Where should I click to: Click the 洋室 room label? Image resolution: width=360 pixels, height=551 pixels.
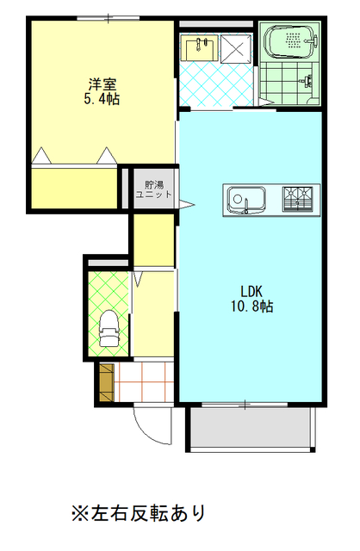(102, 84)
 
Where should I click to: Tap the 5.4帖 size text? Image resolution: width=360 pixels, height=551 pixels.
(102, 99)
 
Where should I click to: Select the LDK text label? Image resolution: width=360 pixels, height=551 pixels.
(251, 291)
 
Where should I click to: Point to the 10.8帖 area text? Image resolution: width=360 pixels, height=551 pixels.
(251, 306)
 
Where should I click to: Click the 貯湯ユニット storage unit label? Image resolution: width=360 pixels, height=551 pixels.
(154, 189)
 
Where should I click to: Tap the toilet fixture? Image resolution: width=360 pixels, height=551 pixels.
(109, 328)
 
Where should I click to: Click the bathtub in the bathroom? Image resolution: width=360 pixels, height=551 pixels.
(290, 40)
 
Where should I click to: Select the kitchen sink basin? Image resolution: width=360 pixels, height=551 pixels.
(245, 200)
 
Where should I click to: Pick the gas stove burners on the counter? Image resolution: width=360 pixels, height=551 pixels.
(298, 200)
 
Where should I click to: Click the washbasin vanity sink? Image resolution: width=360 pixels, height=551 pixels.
(199, 47)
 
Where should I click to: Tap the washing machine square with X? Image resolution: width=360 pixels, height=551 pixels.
(236, 49)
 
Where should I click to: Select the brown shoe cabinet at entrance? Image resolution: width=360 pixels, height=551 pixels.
(107, 382)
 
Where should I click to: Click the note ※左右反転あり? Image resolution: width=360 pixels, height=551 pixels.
(138, 513)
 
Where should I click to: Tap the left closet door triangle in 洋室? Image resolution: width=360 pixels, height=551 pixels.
(42, 155)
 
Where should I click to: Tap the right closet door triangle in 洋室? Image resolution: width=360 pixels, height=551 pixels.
(107, 155)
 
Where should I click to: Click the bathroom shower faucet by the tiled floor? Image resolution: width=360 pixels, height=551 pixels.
(307, 81)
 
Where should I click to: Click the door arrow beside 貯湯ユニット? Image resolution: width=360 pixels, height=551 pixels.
(186, 205)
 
